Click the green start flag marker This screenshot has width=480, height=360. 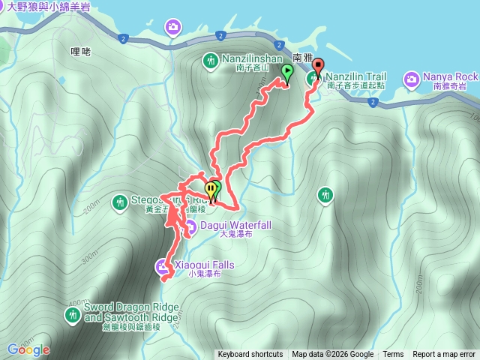(x=286, y=73)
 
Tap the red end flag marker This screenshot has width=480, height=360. (x=317, y=66)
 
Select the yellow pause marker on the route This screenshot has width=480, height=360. (x=211, y=189)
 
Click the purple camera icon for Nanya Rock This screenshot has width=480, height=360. (x=412, y=78)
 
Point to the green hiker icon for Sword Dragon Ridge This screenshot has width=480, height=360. (x=72, y=313)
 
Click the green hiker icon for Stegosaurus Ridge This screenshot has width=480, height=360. (x=120, y=201)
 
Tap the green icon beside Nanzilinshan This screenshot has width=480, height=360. (x=211, y=60)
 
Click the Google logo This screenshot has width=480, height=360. (x=28, y=349)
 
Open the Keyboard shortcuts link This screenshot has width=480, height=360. (x=250, y=355)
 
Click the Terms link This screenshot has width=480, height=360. (x=393, y=355)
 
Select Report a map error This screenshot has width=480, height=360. (x=444, y=355)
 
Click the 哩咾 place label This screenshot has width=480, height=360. (x=80, y=52)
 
